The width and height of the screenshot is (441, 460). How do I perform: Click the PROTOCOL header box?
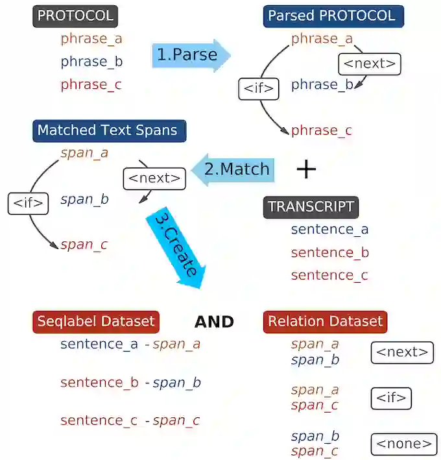[74, 16]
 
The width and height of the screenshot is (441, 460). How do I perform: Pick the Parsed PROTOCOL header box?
[333, 16]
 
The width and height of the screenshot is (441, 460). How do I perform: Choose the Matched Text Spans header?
[108, 130]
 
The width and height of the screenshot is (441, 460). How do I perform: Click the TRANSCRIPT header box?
[311, 207]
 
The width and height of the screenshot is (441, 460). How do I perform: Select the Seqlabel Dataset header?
[96, 321]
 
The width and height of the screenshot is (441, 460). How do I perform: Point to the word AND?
[214, 322]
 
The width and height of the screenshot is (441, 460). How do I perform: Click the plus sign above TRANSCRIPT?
[306, 170]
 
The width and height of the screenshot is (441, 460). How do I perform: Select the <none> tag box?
[403, 444]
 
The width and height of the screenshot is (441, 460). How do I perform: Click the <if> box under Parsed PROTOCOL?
[258, 89]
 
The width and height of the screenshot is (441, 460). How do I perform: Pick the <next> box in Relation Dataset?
[402, 352]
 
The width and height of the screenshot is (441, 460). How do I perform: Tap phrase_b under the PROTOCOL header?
[91, 62]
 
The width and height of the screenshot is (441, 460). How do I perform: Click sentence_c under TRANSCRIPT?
[329, 275]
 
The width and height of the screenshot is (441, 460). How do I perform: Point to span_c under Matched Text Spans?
[84, 245]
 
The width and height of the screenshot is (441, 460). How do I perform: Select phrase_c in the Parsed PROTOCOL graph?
[322, 131]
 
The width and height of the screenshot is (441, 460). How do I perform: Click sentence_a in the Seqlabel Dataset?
[99, 345]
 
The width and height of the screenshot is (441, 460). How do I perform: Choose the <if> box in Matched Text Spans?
[29, 203]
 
